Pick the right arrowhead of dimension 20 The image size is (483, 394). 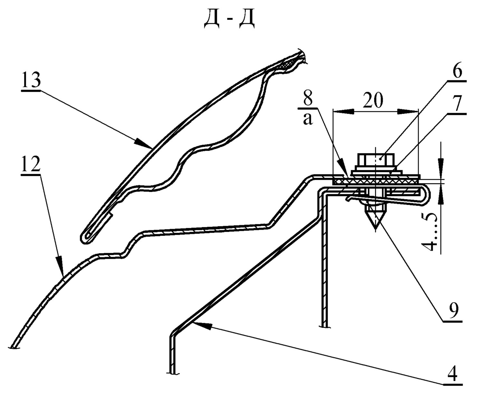pos(408,112)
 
